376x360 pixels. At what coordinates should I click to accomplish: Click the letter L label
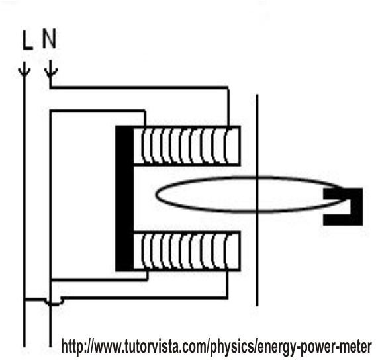pos(27,40)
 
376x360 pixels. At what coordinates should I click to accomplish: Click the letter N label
pos(49,38)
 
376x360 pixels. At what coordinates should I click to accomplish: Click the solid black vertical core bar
pos(124,199)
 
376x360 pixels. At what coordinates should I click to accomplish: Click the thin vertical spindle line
pos(257,201)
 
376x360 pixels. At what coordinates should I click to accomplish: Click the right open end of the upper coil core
pos(240,146)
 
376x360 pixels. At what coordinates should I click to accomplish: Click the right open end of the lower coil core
pos(240,251)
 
